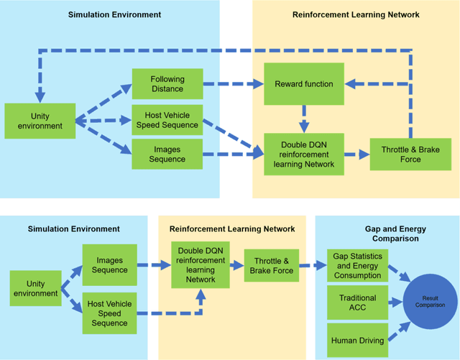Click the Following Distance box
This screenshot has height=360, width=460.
[167, 84]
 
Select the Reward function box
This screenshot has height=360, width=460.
[303, 84]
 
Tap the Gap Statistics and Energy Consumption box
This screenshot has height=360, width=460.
[357, 265]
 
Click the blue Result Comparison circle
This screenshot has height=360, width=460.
[428, 300]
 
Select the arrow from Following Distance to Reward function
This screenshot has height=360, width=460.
[232, 84]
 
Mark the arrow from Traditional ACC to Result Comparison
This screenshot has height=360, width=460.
[395, 300]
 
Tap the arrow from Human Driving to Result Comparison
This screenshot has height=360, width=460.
[397, 329]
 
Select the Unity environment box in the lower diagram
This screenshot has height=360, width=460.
[35, 289]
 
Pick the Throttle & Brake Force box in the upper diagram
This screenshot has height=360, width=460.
[400, 154]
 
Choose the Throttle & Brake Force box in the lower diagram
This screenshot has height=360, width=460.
[271, 266]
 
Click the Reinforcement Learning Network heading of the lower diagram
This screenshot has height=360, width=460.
[231, 229]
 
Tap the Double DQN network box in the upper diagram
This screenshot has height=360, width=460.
[303, 153]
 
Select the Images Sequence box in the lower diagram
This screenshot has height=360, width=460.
[109, 265]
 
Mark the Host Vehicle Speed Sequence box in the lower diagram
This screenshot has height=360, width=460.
[109, 314]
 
